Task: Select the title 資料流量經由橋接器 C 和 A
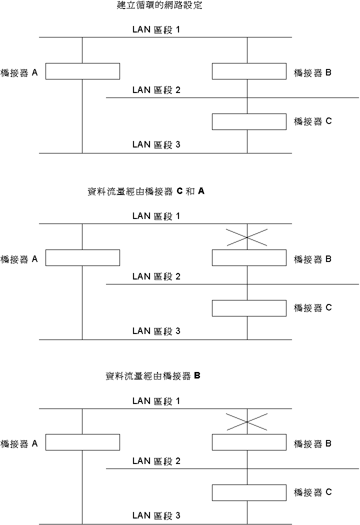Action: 146,191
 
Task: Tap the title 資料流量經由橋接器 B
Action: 153,376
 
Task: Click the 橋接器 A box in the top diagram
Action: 82,71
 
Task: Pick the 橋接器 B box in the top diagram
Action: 249,71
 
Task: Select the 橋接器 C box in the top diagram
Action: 249,122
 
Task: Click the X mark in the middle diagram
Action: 247,237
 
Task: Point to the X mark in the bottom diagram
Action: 247,422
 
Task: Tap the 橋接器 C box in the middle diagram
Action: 249,308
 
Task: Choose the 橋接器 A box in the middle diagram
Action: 82,257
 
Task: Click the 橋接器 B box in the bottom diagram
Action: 249,442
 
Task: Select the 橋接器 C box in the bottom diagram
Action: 249,493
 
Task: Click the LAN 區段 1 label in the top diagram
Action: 156,29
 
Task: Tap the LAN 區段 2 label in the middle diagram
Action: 156,276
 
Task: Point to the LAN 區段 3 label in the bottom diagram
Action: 156,515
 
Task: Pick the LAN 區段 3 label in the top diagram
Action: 156,145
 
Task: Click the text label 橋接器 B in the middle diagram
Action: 312,259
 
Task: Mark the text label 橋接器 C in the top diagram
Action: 312,121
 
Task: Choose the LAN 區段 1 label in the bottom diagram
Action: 156,401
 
